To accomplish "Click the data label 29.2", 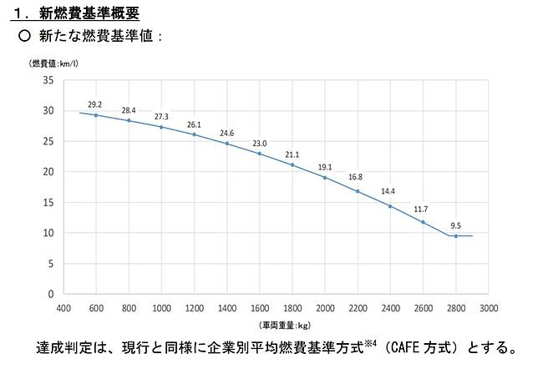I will pos(95,104).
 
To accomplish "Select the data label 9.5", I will pos(456,225).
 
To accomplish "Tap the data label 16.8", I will pos(356,177).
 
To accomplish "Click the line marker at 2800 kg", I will pos(456,236).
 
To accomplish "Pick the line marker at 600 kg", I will pos(95,115).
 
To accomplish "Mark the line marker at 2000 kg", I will pos(325,178).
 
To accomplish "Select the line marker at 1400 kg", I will pos(226,144).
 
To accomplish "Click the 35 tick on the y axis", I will pos(48,80).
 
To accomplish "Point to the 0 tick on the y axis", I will pos(51,294).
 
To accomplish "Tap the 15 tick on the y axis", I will pos(48,202).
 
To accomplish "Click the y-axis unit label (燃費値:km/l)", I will pos(56,63).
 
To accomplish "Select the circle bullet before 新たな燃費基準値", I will pos(23,37).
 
